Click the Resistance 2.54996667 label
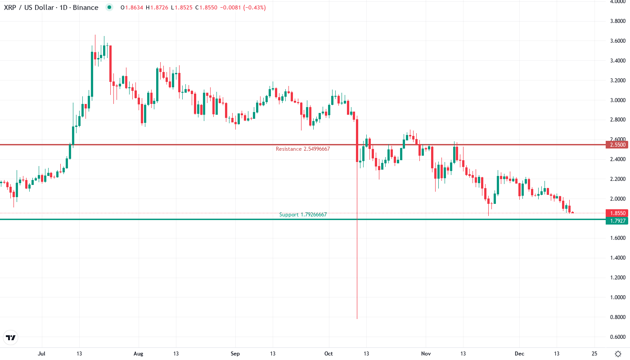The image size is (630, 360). pyautogui.click(x=303, y=149)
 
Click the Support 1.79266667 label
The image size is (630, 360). pyautogui.click(x=303, y=215)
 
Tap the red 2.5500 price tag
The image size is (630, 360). pyautogui.click(x=616, y=145)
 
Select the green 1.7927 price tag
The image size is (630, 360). pyautogui.click(x=616, y=220)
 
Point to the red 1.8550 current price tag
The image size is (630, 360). pyautogui.click(x=616, y=213)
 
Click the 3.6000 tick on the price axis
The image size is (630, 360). pyautogui.click(x=616, y=41)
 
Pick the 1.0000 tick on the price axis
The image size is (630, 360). pyautogui.click(x=616, y=297)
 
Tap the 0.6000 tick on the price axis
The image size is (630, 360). pyautogui.click(x=616, y=337)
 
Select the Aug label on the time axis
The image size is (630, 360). pyautogui.click(x=138, y=354)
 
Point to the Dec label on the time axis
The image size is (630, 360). pyautogui.click(x=520, y=354)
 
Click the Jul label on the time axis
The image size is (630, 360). pyautogui.click(x=42, y=354)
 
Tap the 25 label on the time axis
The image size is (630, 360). pyautogui.click(x=594, y=354)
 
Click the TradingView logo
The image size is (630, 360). pyautogui.click(x=11, y=337)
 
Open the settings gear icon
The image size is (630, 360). pyautogui.click(x=618, y=354)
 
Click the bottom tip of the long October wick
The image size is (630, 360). pyautogui.click(x=357, y=319)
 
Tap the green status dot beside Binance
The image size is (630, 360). pyautogui.click(x=109, y=8)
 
